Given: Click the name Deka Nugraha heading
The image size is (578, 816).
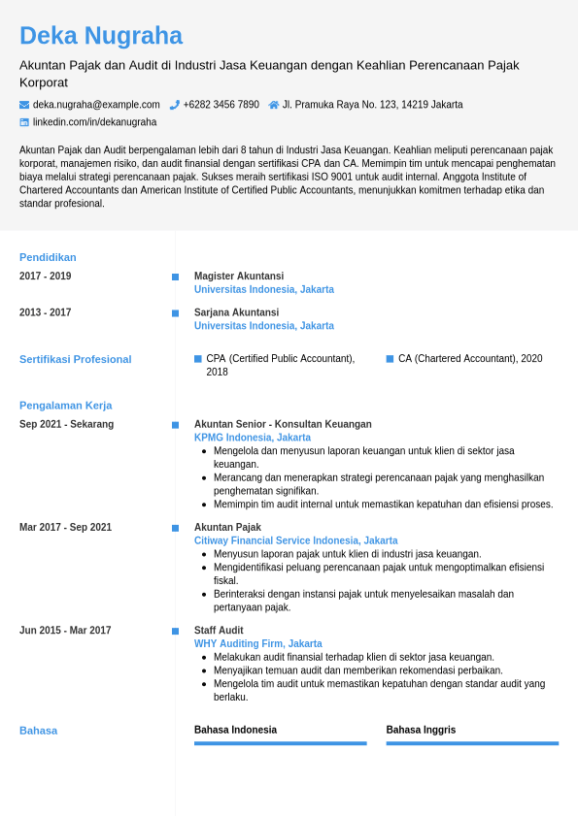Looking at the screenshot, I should pos(101,36).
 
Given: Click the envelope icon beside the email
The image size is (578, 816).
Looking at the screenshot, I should pos(24,105).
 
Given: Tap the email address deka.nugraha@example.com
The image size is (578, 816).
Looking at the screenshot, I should pos(96,105).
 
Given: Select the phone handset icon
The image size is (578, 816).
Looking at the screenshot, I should pos(175,105).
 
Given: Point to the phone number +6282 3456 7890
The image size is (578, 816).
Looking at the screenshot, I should pos(221,105).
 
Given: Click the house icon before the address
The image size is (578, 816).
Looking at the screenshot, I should pos(274,105).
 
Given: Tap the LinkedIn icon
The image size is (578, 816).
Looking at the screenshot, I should pos(24,122).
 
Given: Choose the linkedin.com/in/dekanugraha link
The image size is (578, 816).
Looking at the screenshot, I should pos(94,122).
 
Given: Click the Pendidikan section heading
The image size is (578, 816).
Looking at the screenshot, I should pos(48,257).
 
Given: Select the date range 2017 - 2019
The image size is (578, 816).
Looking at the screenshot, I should pos(45,277).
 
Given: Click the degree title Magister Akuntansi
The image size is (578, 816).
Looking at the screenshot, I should pos(239,277).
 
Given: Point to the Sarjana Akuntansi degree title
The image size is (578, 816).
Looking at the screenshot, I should pos(236,312).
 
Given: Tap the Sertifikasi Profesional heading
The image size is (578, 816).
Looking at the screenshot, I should pos(75,359).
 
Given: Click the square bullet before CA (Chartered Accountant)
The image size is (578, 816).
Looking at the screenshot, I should pos(390,359).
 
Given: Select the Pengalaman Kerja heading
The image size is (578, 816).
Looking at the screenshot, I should pos(65,406).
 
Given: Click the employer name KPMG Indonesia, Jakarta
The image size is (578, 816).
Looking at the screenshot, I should pos(253,438).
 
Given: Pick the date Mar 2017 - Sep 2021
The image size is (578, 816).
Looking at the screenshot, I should pos(65,528).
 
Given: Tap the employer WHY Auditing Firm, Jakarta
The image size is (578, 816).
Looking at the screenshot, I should pos(258,643).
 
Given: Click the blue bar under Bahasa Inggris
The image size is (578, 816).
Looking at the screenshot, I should pos(472,743).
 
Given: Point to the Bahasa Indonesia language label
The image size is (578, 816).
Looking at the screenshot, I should pos(235,730).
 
